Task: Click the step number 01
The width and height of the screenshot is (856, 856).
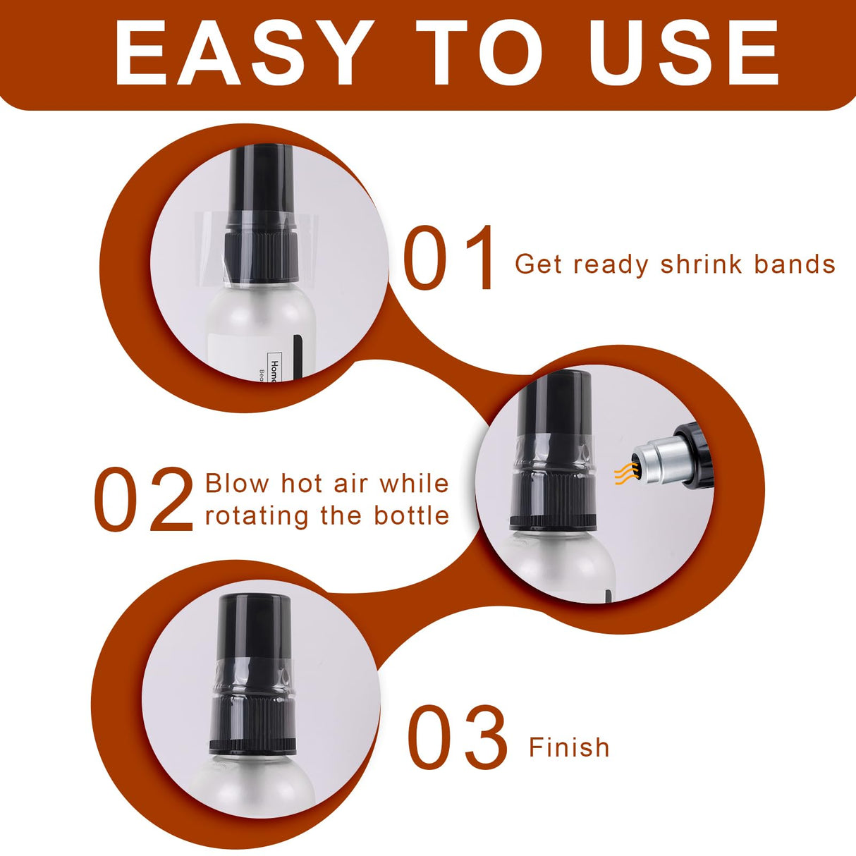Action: pyautogui.click(x=448, y=257)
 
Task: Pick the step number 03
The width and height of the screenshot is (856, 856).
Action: pyautogui.click(x=457, y=737)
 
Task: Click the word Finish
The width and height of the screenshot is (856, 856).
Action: pyautogui.click(x=569, y=747)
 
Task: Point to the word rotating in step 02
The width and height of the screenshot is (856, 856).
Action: pyautogui.click(x=257, y=517)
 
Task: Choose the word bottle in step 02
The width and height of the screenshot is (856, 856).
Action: pyautogui.click(x=411, y=515)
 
